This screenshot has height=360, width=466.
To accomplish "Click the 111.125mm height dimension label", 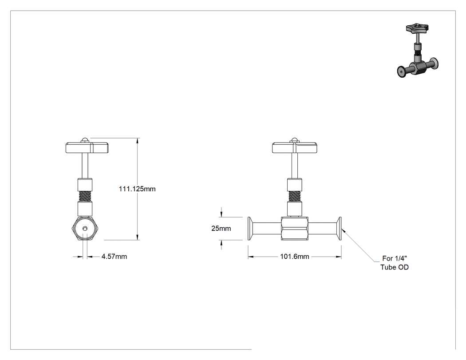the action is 137,189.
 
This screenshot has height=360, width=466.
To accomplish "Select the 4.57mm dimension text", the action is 114,257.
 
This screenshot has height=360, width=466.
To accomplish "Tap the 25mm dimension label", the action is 221,229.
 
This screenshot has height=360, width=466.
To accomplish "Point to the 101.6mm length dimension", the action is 295,257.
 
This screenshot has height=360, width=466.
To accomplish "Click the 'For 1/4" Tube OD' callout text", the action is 395,263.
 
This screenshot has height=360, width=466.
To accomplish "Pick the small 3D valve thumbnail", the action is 418,51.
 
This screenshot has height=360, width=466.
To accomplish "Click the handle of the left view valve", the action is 87,148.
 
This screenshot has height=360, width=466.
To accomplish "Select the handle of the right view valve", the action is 294,148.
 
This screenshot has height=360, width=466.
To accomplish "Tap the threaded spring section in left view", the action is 85,197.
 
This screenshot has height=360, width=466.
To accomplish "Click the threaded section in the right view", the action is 295,197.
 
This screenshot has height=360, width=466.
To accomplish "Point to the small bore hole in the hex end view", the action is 85,228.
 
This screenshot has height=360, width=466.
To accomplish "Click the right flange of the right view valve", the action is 339,228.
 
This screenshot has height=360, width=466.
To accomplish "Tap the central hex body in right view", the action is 295,228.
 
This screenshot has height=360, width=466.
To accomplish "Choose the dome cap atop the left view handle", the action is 85,140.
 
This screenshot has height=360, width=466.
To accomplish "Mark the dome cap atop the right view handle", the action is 294,140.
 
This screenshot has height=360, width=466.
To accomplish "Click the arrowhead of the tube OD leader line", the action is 343,230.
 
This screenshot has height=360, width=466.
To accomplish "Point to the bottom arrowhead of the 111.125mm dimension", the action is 137,237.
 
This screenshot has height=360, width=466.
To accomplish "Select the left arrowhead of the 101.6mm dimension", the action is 251,257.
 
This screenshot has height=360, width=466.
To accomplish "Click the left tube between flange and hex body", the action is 267,228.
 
